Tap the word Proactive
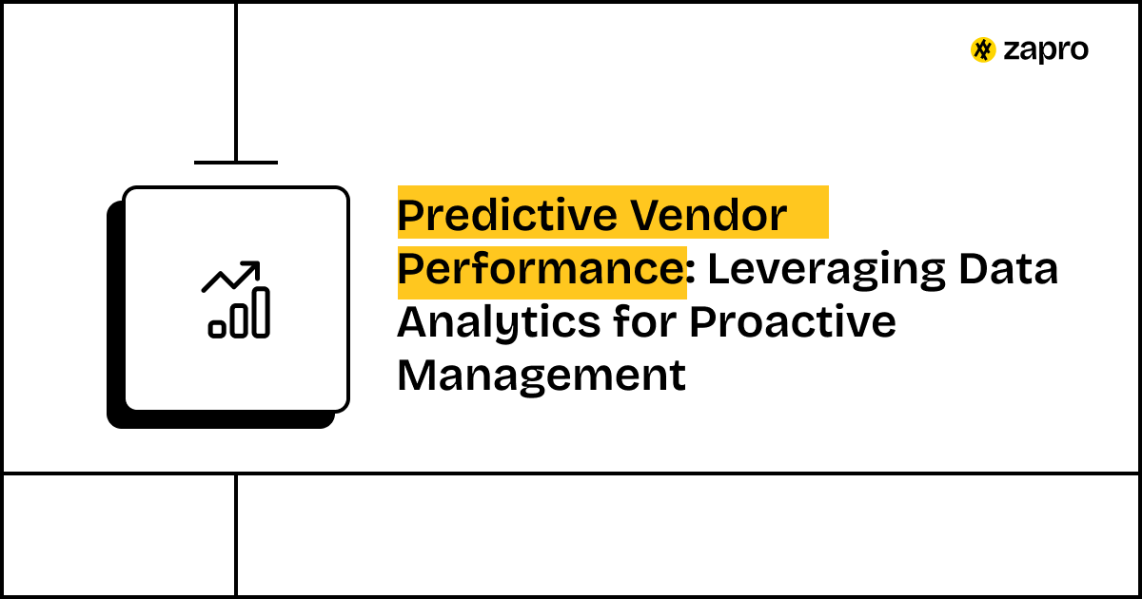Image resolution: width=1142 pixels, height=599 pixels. point(793,323)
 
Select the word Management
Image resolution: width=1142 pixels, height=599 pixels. point(541,376)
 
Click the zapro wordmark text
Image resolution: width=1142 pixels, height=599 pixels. point(1045,50)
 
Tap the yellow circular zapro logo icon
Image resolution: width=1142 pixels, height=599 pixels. point(983,50)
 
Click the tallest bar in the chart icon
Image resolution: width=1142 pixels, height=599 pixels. point(261,313)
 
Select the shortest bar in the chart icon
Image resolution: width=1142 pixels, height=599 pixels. point(217,329)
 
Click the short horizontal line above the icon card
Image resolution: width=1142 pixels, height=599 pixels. point(236,163)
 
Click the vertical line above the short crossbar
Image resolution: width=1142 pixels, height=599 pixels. point(236,81)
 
